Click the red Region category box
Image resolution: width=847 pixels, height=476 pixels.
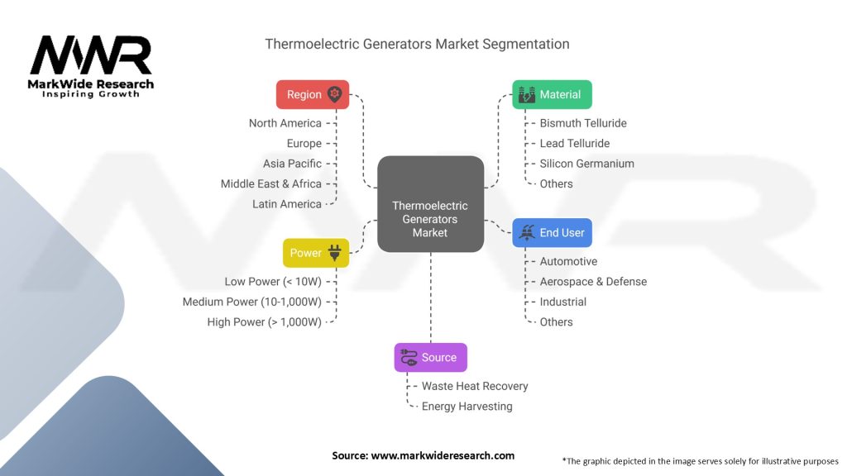313,94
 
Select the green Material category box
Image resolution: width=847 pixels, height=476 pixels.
552,94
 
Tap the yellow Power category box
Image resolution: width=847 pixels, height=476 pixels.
316,253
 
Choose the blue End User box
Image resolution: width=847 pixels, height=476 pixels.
552,232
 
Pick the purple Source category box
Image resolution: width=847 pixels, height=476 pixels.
430,357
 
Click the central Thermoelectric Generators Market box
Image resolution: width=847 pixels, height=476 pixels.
430,204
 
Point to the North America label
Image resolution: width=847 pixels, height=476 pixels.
285,123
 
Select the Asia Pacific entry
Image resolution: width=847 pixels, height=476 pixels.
292,164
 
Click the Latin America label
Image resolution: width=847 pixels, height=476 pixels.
287,204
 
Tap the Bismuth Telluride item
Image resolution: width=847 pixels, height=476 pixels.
583,123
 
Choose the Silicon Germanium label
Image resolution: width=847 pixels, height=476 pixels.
587,164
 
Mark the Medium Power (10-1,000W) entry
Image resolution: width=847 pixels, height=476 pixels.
251,302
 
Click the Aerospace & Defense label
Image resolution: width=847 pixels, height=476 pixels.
593,282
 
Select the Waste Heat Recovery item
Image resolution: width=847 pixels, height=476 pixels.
475,386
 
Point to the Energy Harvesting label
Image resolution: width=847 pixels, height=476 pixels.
467,407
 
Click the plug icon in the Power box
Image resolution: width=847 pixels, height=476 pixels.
335,253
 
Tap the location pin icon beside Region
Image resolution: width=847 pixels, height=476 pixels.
335,94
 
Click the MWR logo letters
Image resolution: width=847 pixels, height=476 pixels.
91,55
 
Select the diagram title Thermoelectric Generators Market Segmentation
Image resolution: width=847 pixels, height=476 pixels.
417,44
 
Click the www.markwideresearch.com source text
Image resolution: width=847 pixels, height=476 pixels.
443,455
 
